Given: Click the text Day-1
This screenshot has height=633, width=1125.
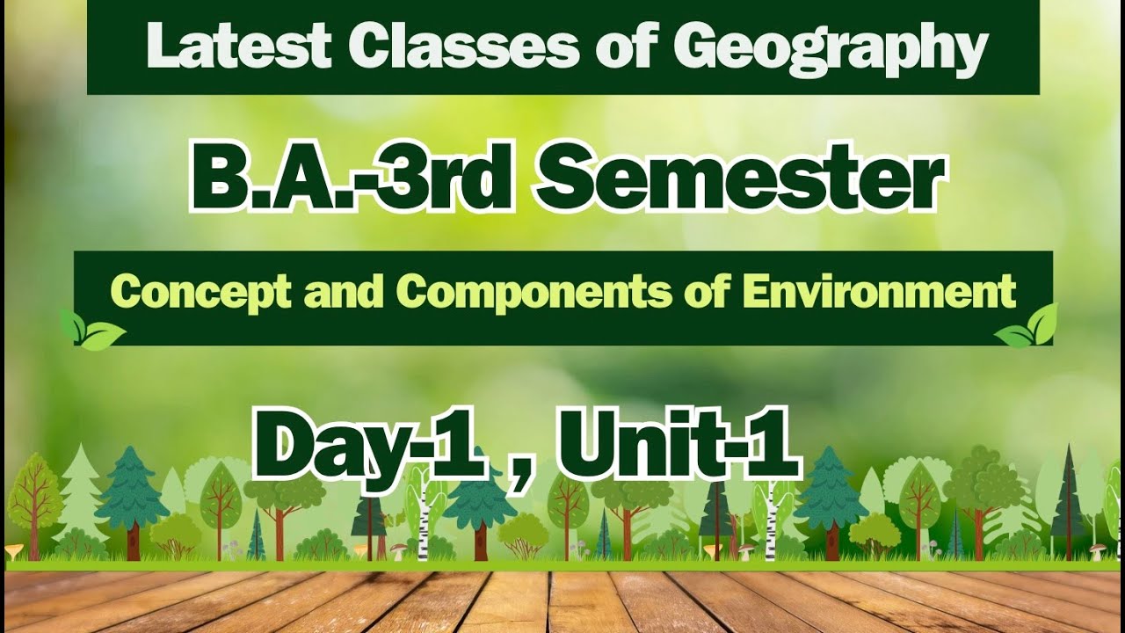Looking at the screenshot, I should coord(369,447).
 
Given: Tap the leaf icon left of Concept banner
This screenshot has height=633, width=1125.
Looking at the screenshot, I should coord(91,330).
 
